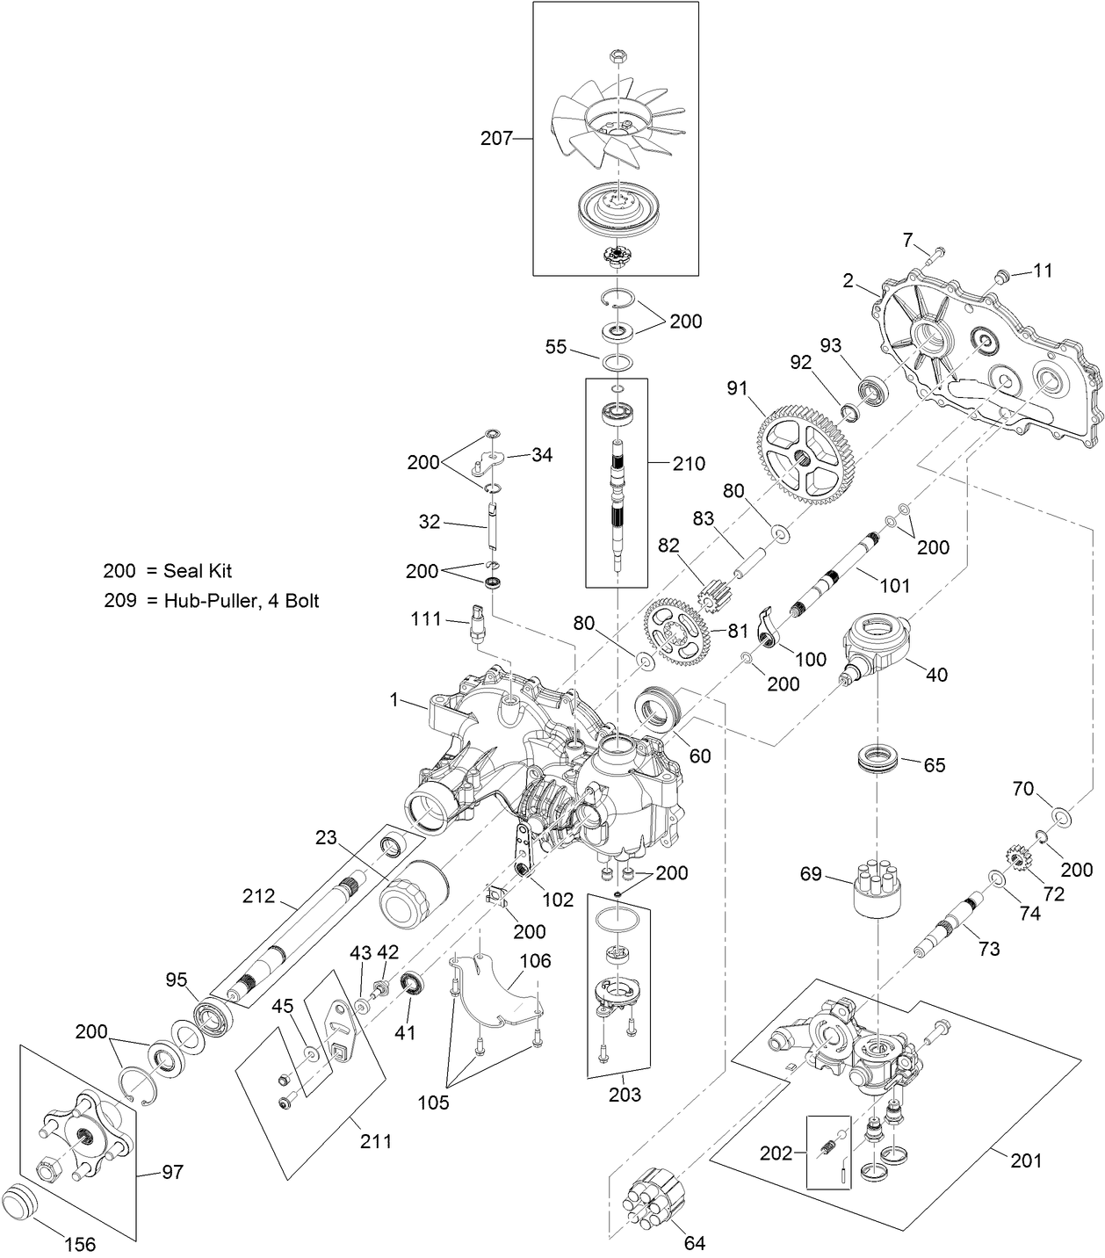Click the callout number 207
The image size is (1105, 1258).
[495, 139]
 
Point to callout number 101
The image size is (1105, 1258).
[894, 585]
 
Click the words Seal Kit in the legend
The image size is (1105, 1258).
[198, 571]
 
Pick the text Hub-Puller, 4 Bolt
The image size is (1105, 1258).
[242, 601]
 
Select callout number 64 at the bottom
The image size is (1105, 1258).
[694, 1243]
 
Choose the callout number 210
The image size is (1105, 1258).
[688, 464]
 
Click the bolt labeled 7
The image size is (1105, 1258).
[935, 253]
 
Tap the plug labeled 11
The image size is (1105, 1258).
[1001, 278]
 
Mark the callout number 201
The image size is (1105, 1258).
[1025, 1160]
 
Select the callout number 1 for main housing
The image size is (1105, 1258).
[394, 700]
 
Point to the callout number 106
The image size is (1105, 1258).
[534, 961]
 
